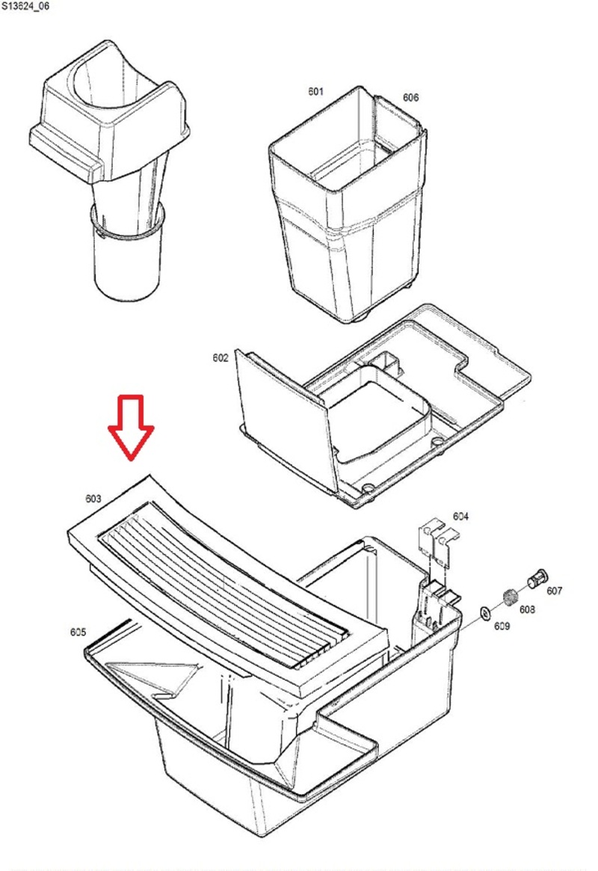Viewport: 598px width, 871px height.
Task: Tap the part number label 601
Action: point(315,91)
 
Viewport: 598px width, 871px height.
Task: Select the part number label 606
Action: point(410,97)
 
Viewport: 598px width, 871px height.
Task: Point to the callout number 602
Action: point(220,358)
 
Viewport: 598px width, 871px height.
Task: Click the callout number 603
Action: point(93,498)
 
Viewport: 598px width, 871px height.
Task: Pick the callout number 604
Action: point(460,517)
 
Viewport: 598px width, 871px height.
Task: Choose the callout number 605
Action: point(78,632)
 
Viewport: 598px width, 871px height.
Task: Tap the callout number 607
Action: point(554,591)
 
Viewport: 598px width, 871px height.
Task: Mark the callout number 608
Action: point(527,609)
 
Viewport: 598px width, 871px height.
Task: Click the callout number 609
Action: point(502,626)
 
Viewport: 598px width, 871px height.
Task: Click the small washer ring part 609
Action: point(485,613)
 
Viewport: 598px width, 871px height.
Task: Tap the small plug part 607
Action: point(537,579)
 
